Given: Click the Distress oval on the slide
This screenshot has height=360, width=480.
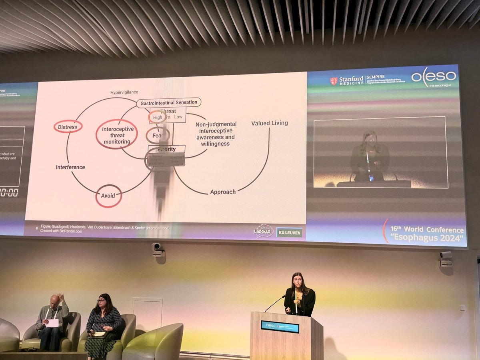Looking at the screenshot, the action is (x=68, y=127).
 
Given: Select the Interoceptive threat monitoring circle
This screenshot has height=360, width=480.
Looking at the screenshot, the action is (x=116, y=134).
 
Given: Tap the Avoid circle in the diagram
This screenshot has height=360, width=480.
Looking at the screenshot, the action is (x=108, y=196).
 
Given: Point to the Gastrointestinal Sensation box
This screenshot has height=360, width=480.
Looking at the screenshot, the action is (x=169, y=102).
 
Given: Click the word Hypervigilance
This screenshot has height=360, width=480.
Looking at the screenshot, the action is (x=124, y=92).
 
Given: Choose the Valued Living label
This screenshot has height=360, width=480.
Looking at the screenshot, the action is (x=269, y=123).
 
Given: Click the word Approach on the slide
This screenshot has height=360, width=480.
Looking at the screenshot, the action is (x=223, y=192).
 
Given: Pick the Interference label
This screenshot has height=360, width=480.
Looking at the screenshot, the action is (x=70, y=167).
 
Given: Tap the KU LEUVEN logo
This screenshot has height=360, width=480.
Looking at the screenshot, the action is (x=289, y=232).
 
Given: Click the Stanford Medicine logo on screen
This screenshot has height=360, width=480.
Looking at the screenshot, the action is (x=347, y=80).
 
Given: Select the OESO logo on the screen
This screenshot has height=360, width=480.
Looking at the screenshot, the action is (x=434, y=77).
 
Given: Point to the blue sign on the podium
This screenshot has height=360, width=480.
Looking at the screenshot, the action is (x=280, y=326).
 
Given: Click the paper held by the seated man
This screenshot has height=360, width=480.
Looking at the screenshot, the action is (x=52, y=323).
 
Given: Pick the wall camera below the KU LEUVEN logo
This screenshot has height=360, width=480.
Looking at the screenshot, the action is (x=158, y=250).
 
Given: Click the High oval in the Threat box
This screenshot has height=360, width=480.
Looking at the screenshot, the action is (x=157, y=117).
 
